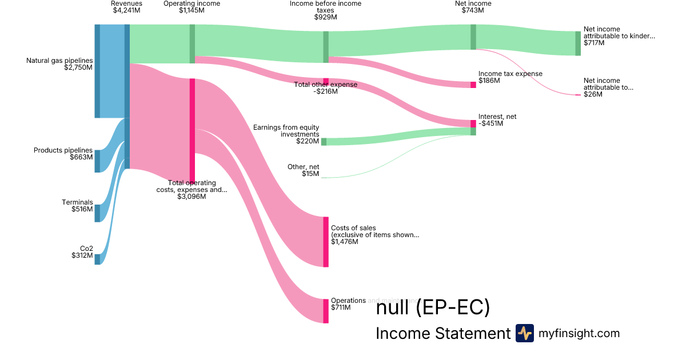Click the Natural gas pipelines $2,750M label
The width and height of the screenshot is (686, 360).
pos(59,63)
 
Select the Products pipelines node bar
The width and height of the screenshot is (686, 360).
pos(97,161)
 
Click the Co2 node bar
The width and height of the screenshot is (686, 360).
pos(97,259)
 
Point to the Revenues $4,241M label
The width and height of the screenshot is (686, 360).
pos(126,7)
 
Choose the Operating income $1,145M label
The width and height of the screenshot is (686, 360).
pos(192,7)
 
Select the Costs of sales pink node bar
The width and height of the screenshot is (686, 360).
pos(326,242)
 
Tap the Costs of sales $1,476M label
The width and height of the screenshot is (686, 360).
pos(375,235)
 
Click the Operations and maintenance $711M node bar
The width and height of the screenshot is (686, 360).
pos(326,311)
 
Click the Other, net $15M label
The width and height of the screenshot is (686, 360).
pos(303,170)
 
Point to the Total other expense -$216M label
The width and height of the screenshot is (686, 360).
pos(326,88)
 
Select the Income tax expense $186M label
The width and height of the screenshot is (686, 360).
pos(510,77)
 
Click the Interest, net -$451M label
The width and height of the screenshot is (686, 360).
pos(497,120)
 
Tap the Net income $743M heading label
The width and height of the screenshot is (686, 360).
pos(473,7)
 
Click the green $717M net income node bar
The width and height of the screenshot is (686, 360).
pos(577,43)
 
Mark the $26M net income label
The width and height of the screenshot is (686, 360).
pos(608,87)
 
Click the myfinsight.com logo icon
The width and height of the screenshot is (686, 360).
pos(524,333)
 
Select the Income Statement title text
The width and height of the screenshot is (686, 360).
pos(442,334)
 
